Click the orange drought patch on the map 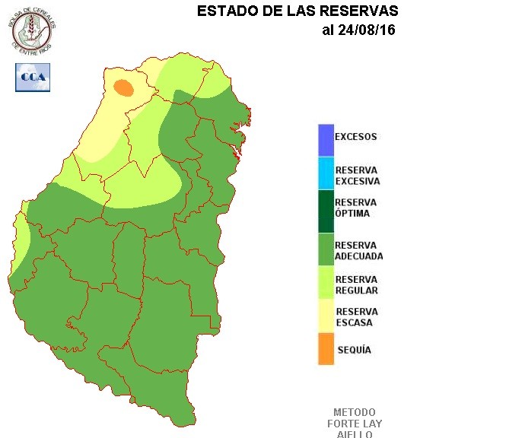pyautogui.click(x=123, y=87)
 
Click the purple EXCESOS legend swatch pyautogui.click(x=326, y=139)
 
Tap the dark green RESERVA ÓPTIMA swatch pyautogui.click(x=326, y=210)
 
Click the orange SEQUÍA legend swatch pyautogui.click(x=326, y=349)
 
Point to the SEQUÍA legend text pyautogui.click(x=354, y=350)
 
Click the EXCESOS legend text pyautogui.click(x=356, y=137)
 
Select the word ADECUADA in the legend pyautogui.click(x=359, y=256)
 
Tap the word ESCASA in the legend pyautogui.click(x=354, y=323)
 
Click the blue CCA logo pyautogui.click(x=33, y=78)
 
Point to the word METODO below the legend pyautogui.click(x=355, y=412)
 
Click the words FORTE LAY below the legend pyautogui.click(x=355, y=424)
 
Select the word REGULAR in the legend pyautogui.click(x=357, y=290)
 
